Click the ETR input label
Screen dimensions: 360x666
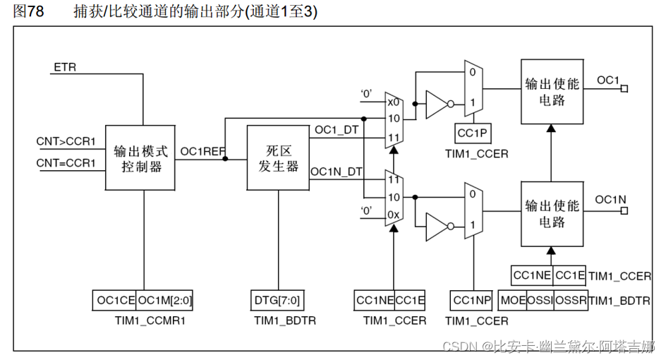pos(65,68)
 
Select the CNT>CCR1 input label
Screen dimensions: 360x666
pos(66,141)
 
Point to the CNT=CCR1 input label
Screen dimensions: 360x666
pos(66,163)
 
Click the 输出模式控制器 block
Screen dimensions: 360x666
pos(141,158)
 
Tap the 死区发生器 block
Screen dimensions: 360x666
pos(278,158)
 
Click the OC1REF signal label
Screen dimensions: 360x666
pos(203,151)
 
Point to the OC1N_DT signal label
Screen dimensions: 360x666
pos(337,172)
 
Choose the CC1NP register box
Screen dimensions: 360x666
pos(471,301)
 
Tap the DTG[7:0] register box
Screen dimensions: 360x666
pos(277,301)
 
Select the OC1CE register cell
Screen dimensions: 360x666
pos(115,301)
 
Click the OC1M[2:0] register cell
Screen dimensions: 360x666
pos(164,301)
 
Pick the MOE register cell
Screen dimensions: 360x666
pos(512,301)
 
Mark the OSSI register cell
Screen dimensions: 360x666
pos(540,301)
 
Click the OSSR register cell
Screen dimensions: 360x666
pos(570,301)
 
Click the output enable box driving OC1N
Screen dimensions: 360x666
pos(551,214)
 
